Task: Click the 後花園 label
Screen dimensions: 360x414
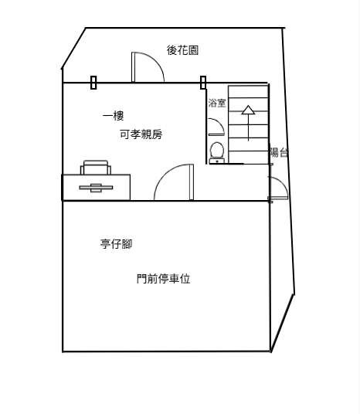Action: [x=182, y=50]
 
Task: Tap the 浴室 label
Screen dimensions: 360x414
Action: [x=217, y=103]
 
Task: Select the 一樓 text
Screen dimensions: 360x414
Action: [x=113, y=116]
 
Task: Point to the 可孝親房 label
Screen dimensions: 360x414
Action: [x=141, y=134]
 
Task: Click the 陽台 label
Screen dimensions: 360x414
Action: [x=279, y=152]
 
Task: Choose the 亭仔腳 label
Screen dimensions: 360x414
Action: [x=116, y=244]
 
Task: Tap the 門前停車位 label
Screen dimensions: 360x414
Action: [x=164, y=279]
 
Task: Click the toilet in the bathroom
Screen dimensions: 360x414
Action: [x=217, y=153]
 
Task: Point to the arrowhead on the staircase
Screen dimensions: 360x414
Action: [x=248, y=110]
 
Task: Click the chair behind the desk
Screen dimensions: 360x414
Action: [x=96, y=168]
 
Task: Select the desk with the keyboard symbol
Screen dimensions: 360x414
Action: [x=96, y=187]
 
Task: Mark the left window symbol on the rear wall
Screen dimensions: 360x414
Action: [x=93, y=83]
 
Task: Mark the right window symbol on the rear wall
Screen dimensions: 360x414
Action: [x=203, y=83]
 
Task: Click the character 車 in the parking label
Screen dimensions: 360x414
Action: [x=174, y=279]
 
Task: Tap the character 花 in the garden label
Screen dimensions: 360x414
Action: [x=182, y=50]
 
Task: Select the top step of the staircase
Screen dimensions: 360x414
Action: [x=248, y=92]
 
